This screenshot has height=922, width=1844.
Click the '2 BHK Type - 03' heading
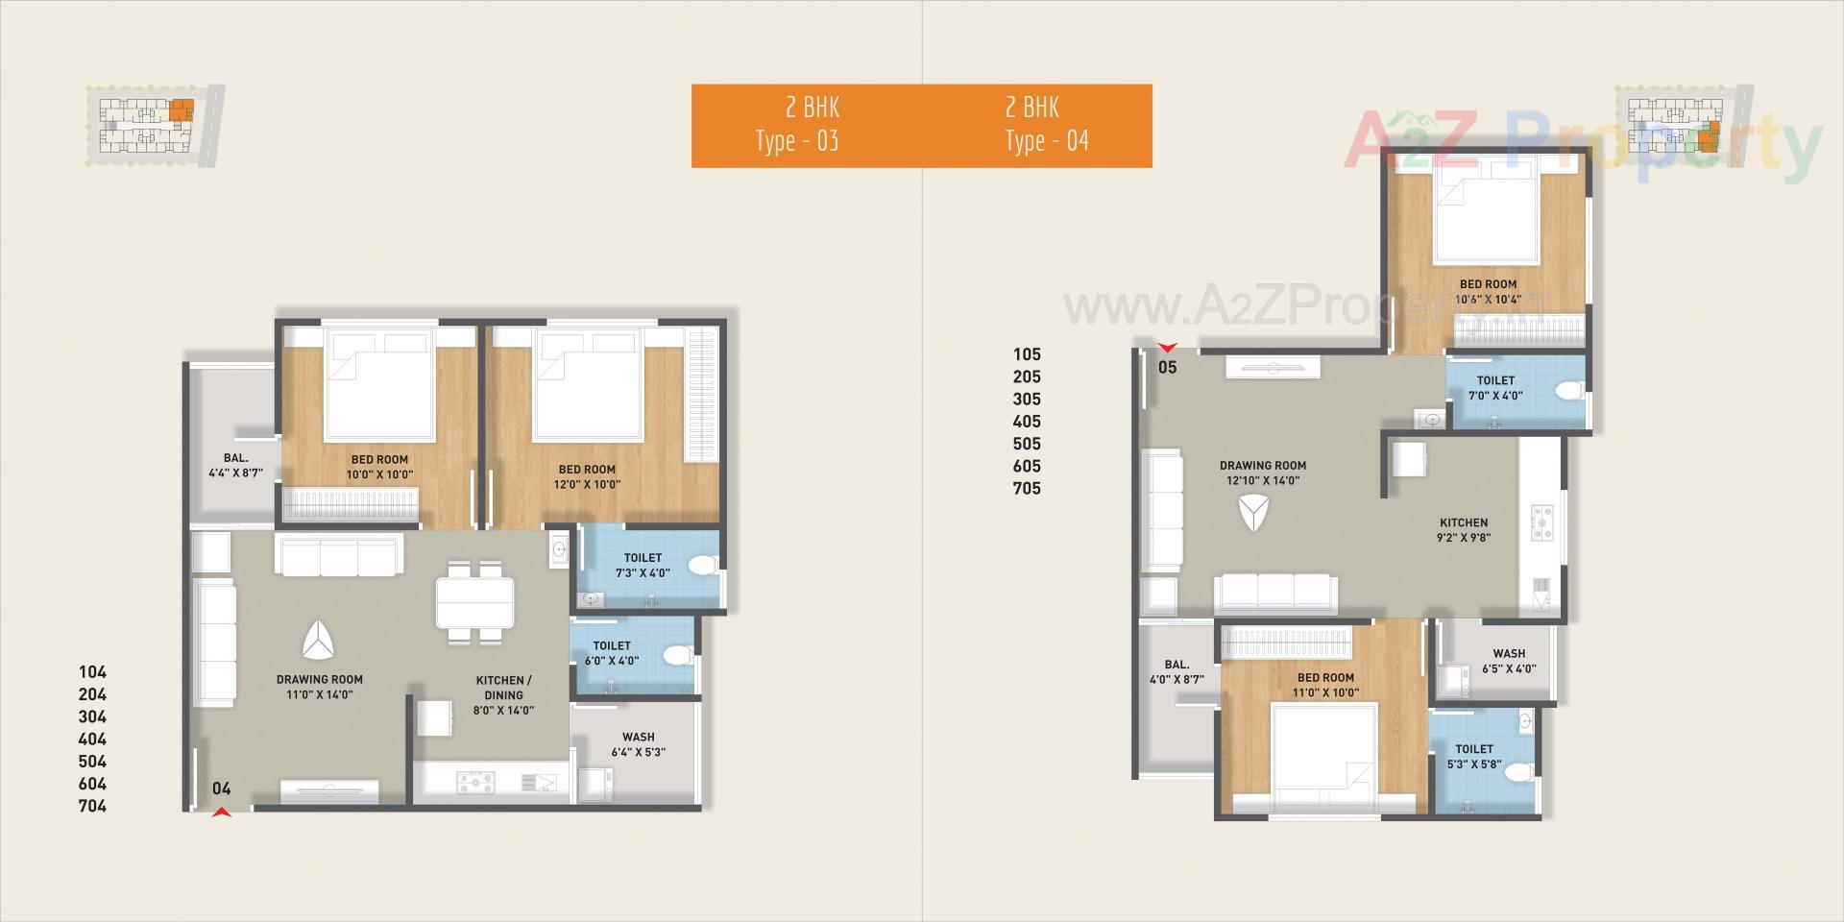pos(797,125)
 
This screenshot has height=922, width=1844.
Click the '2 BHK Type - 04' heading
pos(1047,125)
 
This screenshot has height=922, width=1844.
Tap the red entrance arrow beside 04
pos(222,813)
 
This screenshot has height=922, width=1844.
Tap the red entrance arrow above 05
pos(1167,348)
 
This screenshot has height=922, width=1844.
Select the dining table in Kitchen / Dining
pos(474,602)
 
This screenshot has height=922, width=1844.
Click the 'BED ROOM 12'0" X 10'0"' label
pos(587,476)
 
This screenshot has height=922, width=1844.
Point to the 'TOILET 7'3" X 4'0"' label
pos(643,565)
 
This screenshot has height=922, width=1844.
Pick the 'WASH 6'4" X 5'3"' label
pos(638,744)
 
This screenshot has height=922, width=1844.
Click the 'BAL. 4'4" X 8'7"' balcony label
pos(235,466)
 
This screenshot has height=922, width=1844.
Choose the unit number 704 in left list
pos(92,806)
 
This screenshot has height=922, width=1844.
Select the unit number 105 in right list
pos(1027,354)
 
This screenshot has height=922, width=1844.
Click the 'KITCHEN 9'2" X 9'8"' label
pos(1464,530)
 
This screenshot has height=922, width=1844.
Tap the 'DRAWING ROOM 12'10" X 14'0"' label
pos(1262,473)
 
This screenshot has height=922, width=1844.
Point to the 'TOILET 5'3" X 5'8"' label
pos(1474,757)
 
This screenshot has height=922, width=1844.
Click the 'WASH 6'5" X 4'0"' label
pos(1509,661)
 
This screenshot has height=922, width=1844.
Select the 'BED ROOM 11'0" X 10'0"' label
pos(1325,685)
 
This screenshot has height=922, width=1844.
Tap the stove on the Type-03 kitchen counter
pos(474,784)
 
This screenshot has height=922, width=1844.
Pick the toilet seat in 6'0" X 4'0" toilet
pos(680,656)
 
